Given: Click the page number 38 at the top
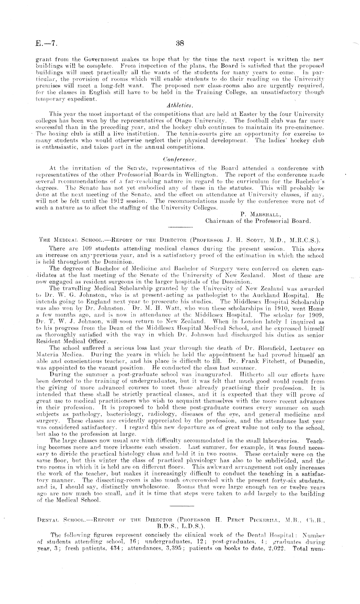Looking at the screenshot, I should click(x=179, y=43).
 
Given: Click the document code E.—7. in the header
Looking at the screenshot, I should click(x=47, y=44).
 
